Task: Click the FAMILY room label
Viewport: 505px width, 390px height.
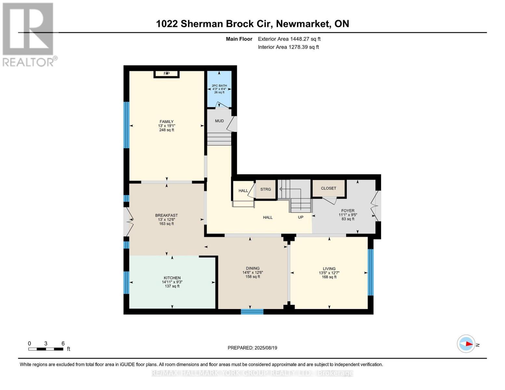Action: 166,122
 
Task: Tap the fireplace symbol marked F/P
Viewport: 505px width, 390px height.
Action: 166,74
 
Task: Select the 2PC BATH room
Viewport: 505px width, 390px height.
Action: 219,89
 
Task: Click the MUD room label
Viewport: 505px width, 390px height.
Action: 219,121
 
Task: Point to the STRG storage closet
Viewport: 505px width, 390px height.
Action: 265,189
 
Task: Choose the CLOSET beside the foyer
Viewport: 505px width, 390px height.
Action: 328,188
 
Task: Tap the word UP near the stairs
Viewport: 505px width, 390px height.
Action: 300,217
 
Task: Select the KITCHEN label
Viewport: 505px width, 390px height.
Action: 172,278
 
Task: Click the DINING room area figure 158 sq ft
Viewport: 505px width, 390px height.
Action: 253,277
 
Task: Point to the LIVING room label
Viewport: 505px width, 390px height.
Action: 329,269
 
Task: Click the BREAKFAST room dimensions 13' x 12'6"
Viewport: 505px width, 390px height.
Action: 166,219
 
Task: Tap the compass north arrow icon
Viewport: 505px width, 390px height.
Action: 466,344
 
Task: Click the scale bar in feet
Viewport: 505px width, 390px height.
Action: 46,349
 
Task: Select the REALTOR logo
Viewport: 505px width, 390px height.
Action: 28,34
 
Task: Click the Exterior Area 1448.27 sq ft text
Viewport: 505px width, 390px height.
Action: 289,39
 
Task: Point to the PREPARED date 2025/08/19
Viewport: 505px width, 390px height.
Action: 252,348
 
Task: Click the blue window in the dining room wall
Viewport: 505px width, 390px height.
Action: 252,312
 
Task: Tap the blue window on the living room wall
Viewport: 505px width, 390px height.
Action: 370,272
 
